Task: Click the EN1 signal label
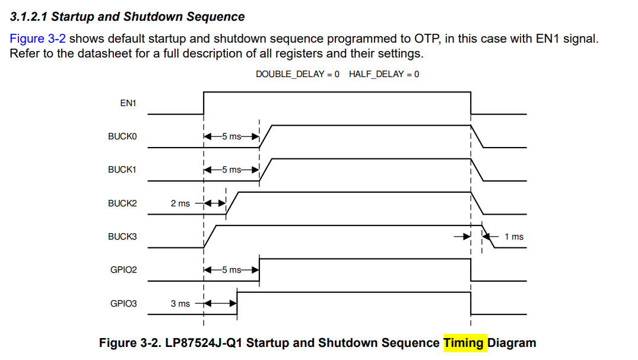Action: pos(128,103)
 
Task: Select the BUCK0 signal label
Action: pos(122,136)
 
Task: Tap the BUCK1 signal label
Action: pos(122,170)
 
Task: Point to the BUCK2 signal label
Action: pos(122,203)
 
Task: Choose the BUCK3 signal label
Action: pos(122,237)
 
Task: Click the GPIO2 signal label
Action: pos(123,270)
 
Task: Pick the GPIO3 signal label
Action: pos(123,304)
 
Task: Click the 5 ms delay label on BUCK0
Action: pos(231,136)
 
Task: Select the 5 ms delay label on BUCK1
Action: pos(231,170)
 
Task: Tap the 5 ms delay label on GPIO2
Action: pos(231,270)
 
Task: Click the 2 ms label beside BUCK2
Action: pos(180,203)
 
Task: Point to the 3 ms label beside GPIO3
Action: pos(180,304)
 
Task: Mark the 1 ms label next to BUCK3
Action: pos(514,237)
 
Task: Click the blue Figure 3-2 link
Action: pos(37,39)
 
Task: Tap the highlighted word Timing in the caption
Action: pos(464,343)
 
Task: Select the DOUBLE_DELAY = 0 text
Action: pos(297,74)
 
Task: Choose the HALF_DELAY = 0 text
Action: pos(384,74)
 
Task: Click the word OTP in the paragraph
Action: pos(427,39)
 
